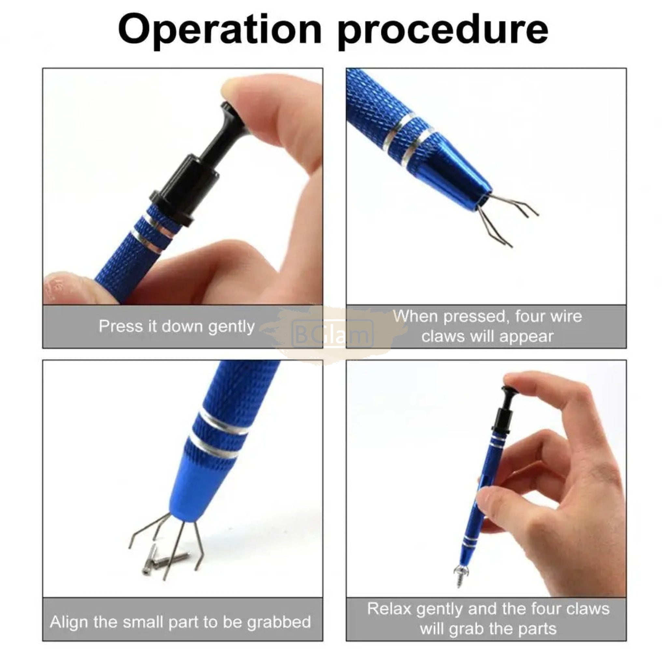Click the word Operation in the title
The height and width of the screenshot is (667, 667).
point(220,29)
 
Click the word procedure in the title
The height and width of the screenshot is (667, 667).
point(443,32)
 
